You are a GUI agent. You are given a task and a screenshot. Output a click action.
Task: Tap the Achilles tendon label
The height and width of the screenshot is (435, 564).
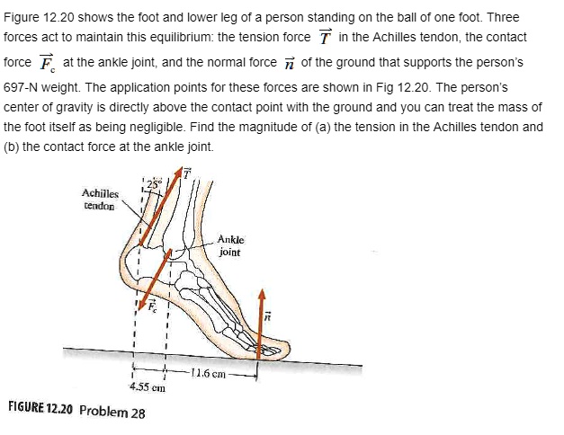click(x=100, y=199)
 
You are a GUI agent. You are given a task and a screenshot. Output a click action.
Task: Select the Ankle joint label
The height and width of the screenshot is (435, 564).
click(x=231, y=245)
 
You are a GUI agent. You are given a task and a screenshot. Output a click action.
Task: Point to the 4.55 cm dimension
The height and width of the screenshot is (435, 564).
click(x=145, y=388)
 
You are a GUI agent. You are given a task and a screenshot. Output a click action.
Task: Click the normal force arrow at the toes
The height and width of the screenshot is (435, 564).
click(x=262, y=324)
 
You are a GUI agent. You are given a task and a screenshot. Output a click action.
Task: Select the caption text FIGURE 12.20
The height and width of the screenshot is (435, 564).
click(x=40, y=410)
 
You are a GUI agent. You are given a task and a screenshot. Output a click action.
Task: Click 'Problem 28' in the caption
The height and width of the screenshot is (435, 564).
click(x=112, y=412)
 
